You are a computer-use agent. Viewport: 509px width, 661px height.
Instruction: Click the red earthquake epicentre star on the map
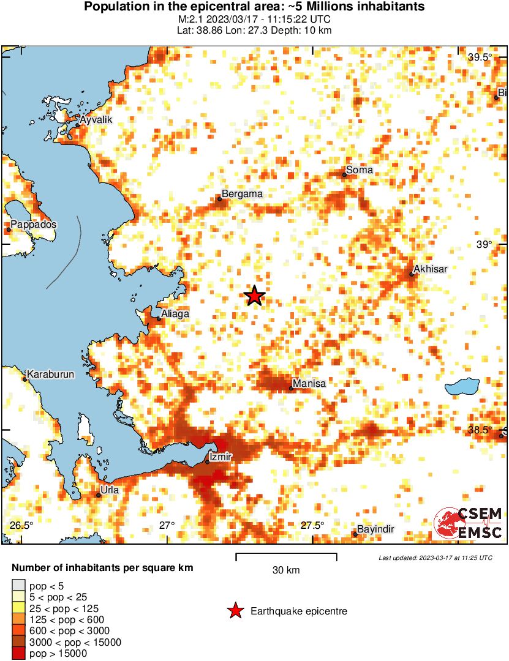(254, 296)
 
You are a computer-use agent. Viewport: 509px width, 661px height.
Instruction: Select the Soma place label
(359, 170)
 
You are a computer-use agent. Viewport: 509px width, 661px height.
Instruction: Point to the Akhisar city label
(431, 269)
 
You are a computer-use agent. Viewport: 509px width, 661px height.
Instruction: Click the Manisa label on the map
(309, 384)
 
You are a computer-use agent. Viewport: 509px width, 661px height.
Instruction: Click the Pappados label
(33, 225)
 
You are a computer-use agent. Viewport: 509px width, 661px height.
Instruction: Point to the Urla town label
(110, 490)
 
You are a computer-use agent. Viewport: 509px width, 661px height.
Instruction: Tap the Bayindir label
(375, 529)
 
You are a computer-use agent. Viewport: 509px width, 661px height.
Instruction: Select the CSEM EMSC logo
(469, 523)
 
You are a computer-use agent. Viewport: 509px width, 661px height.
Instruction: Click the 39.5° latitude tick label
(480, 58)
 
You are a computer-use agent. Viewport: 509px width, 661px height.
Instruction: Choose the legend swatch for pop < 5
(18, 586)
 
